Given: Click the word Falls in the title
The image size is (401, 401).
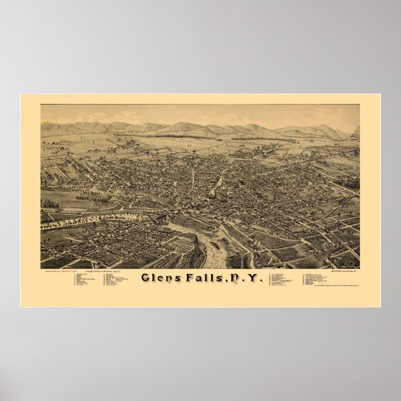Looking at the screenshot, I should point(206,278).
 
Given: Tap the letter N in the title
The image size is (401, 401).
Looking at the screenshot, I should point(235,278).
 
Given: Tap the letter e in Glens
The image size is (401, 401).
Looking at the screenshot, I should point(163,280).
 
